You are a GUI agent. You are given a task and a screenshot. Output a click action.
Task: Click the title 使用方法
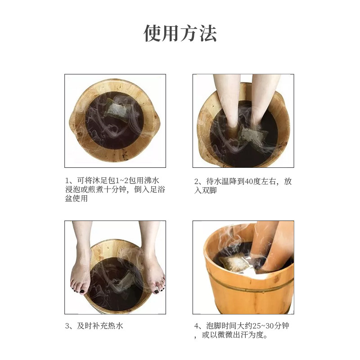180,33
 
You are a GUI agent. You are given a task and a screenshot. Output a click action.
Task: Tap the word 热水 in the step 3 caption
116,326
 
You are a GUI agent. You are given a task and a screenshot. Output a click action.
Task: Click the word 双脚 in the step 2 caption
209,190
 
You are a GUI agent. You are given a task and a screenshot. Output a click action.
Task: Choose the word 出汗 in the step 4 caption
240,335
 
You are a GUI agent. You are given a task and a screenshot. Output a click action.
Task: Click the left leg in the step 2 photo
226,101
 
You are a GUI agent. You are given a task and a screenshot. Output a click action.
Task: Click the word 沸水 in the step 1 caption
152,180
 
